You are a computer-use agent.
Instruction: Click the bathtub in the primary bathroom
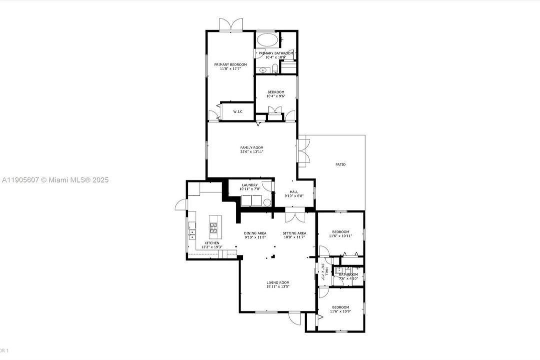pyautogui.click(x=267, y=40)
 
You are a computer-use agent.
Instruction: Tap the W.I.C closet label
pyautogui.click(x=238, y=111)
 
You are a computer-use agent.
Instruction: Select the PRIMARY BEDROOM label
pyautogui.click(x=230, y=64)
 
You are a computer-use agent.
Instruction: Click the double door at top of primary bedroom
pyautogui.click(x=231, y=25)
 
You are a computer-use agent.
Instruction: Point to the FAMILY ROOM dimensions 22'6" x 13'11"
pyautogui.click(x=252, y=152)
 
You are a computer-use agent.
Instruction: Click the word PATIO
pyautogui.click(x=340, y=164)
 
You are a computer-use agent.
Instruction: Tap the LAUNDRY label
pyautogui.click(x=250, y=185)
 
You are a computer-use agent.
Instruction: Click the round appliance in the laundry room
pyautogui.click(x=267, y=202)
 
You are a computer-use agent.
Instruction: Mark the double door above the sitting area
pyautogui.click(x=294, y=216)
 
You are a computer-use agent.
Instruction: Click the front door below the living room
pyautogui.click(x=297, y=316)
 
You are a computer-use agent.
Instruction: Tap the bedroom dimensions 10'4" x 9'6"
pyautogui.click(x=276, y=96)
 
